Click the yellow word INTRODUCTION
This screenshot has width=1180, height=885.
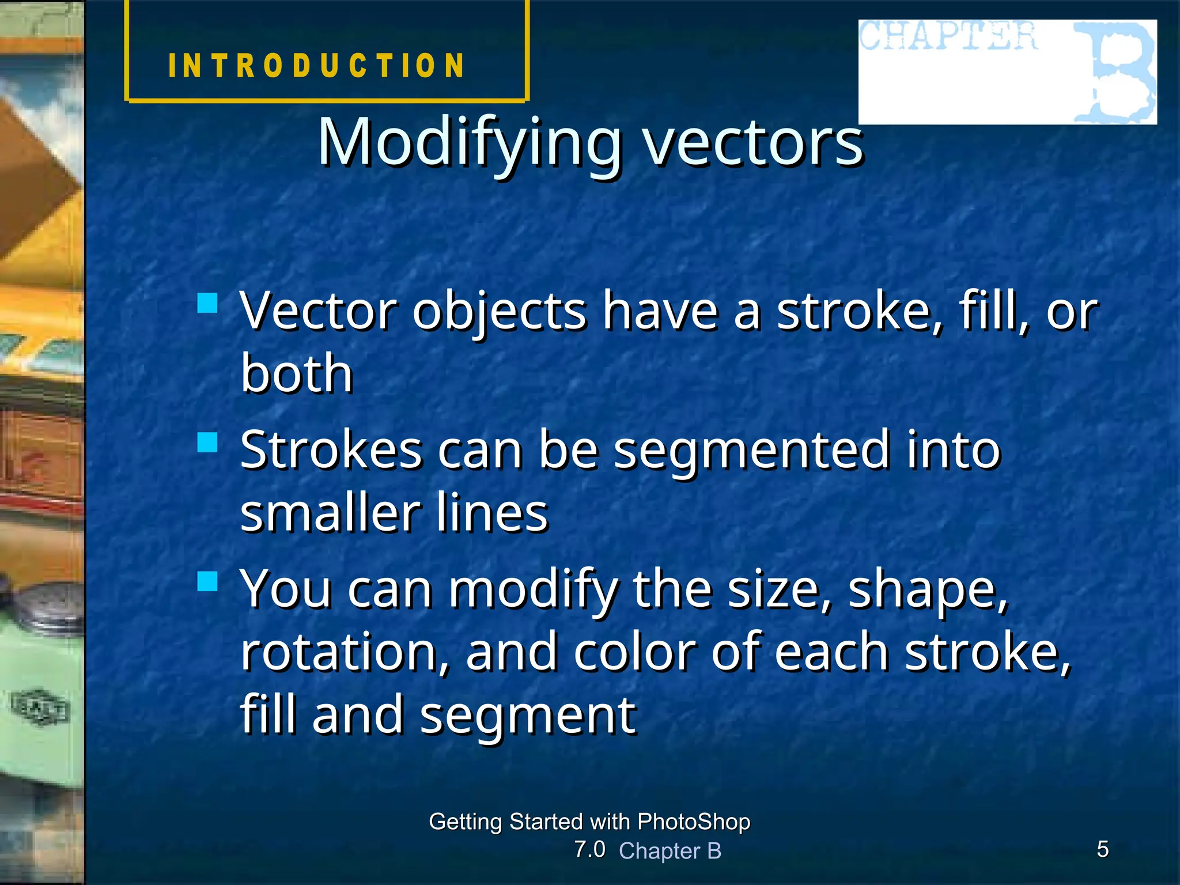click(x=316, y=65)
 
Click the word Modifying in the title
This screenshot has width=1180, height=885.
click(x=470, y=143)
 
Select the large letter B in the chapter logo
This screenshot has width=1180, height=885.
click(x=1115, y=72)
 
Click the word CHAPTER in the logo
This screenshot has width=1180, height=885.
click(x=948, y=36)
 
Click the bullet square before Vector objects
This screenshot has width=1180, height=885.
click(x=207, y=303)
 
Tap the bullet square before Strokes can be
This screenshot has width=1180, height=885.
click(x=207, y=442)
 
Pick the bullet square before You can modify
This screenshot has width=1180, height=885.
click(x=207, y=581)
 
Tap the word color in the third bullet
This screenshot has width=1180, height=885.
click(x=634, y=652)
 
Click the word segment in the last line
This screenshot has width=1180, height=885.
click(x=528, y=716)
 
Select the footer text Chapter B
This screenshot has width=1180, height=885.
click(x=670, y=851)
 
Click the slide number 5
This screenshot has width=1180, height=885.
click(x=1103, y=849)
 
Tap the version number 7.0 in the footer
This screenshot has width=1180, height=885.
click(x=589, y=849)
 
